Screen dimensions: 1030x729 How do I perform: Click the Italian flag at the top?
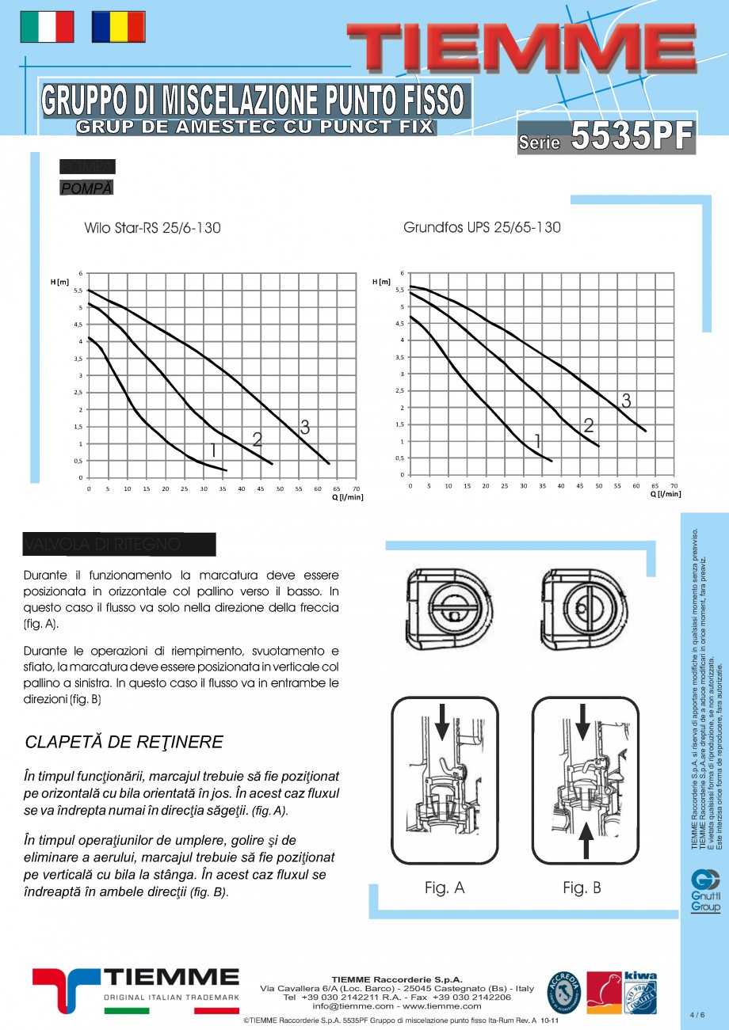46,27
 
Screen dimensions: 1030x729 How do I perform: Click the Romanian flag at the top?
118,27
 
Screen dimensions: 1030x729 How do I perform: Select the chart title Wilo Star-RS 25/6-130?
152,228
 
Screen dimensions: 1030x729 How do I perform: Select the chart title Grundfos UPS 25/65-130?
482,227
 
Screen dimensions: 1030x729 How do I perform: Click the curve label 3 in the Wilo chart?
304,428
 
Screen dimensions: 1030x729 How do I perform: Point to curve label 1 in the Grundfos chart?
537,442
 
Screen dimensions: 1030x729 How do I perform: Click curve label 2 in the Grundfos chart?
589,425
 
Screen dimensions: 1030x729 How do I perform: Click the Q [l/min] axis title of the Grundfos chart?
665,494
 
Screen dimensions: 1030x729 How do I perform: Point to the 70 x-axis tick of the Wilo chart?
356,489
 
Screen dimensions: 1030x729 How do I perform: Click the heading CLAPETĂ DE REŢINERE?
124,743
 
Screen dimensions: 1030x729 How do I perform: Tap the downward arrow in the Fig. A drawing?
441,720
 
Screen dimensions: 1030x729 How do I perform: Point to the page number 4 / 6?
697,1014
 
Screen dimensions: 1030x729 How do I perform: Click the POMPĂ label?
86,188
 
